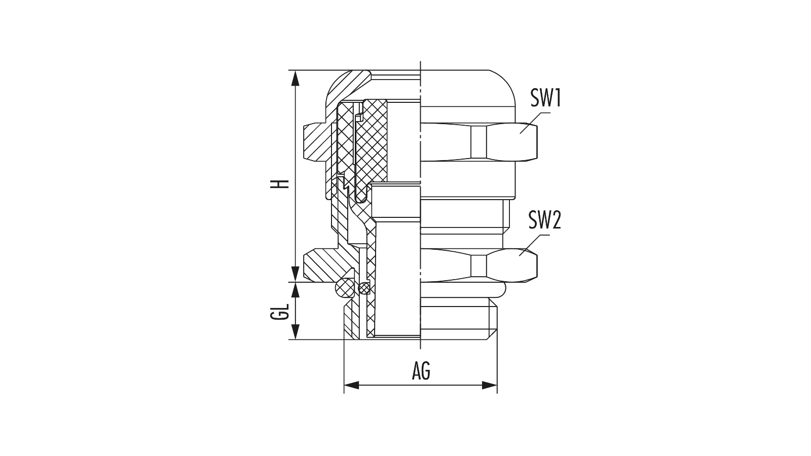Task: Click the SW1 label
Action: coord(545,98)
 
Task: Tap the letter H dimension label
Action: coord(280,184)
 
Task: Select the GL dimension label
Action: coord(279,311)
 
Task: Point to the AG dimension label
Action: coord(421,371)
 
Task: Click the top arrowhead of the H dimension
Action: coord(296,78)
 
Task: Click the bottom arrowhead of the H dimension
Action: coord(296,274)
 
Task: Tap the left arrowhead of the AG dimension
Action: coord(352,386)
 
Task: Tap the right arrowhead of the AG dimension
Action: coord(490,386)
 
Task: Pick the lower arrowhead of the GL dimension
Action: coord(296,332)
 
